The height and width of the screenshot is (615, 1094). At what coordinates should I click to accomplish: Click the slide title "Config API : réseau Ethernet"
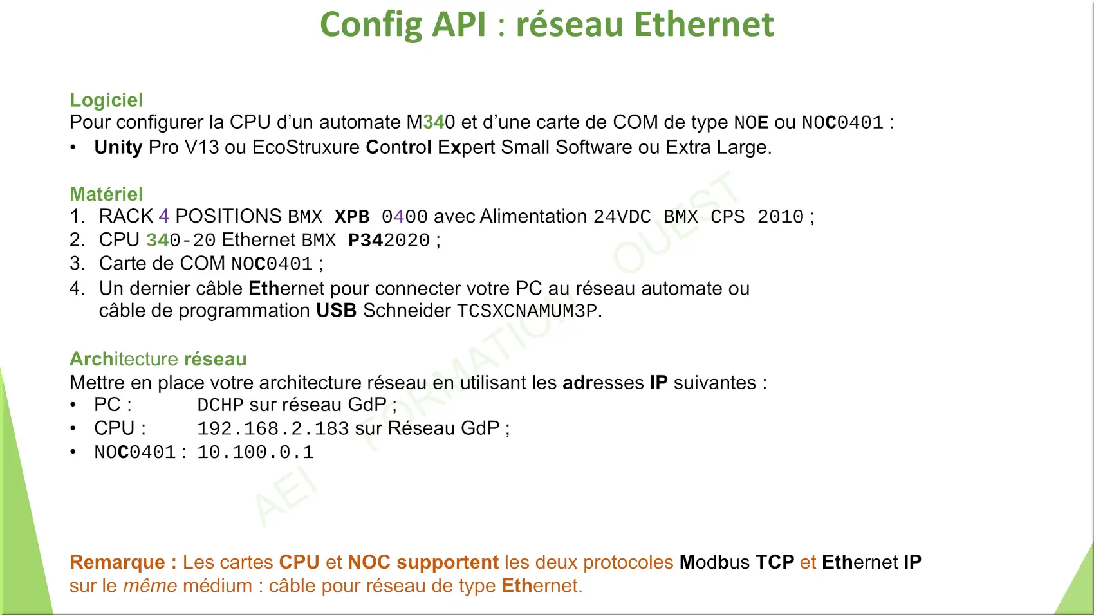coord(547,25)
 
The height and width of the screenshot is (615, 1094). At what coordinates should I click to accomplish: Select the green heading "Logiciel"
coord(106,100)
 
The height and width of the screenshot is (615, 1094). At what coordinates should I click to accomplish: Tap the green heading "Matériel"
coord(106,194)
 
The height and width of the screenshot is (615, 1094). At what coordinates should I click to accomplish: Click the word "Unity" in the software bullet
coord(118,147)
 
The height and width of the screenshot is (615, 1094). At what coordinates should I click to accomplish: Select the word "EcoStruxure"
coord(306,147)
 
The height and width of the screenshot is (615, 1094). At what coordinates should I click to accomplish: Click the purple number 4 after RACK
coord(163,216)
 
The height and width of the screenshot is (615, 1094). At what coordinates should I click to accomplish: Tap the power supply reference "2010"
coord(781,217)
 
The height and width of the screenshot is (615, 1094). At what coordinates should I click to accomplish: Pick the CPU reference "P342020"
coord(389,240)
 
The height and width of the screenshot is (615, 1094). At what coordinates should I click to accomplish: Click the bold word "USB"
coord(337,311)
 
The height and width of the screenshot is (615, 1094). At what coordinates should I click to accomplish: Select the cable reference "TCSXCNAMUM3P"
coord(527,311)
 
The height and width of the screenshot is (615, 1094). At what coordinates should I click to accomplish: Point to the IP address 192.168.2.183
coord(273,428)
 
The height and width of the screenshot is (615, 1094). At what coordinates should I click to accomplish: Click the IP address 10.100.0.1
coord(255,452)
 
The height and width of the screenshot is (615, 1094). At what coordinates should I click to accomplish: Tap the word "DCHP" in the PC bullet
coord(220,405)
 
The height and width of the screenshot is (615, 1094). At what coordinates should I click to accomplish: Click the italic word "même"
coord(150,585)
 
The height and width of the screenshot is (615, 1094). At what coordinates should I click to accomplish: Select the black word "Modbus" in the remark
coord(714,562)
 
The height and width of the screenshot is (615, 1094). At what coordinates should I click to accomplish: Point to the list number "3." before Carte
coord(78,264)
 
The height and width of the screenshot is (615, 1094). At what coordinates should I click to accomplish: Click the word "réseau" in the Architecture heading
coord(216,359)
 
